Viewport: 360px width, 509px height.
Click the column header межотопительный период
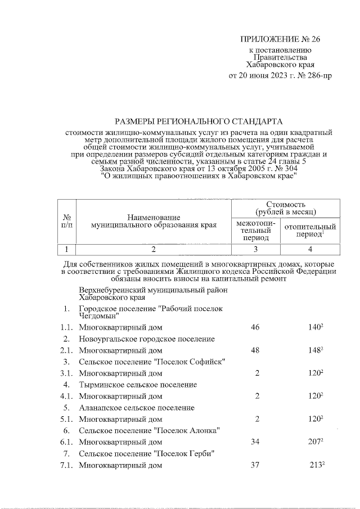(256, 230)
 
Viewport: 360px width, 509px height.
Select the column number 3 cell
(256, 249)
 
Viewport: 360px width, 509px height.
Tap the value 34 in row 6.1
(255, 442)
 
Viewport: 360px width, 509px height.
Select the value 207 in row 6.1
(315, 442)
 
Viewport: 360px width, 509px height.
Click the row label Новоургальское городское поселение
(147, 339)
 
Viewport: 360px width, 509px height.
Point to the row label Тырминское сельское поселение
(138, 385)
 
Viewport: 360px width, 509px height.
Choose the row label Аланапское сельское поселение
(137, 408)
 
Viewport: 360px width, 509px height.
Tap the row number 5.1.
(67, 419)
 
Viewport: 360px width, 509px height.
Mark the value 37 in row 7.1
(255, 465)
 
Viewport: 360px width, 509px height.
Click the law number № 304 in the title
(287, 168)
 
